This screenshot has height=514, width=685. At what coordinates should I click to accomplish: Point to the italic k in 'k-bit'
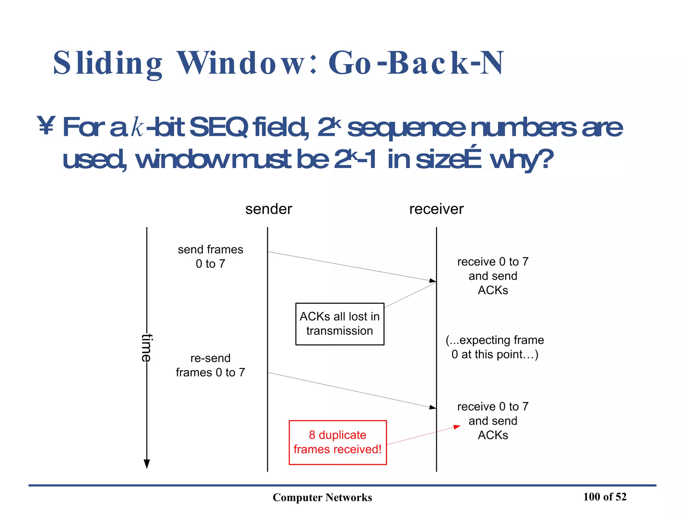[x=137, y=127]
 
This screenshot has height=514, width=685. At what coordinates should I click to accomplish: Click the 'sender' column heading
[x=269, y=209]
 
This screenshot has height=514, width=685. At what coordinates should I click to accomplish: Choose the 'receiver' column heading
[x=436, y=209]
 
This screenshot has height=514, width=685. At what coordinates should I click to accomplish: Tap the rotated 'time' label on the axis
[x=146, y=348]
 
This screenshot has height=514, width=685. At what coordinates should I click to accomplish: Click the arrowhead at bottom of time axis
[x=146, y=464]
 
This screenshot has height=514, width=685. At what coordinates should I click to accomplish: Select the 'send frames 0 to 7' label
[x=210, y=257]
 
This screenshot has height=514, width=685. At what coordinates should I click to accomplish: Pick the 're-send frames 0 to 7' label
[x=210, y=365]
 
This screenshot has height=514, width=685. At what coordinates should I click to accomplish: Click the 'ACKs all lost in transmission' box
[x=339, y=324]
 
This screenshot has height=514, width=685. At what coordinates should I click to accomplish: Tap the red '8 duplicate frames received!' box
[x=337, y=442]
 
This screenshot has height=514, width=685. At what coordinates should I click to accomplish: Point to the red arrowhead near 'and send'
[x=457, y=427]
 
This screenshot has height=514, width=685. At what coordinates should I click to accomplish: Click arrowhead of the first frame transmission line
[x=432, y=280]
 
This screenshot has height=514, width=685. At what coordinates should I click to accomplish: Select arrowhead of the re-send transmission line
[x=432, y=407]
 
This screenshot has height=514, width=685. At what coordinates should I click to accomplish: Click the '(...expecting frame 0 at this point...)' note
[x=495, y=347]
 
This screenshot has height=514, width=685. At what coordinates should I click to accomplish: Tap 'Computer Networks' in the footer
[x=322, y=497]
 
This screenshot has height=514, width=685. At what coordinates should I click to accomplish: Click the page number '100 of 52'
[x=605, y=497]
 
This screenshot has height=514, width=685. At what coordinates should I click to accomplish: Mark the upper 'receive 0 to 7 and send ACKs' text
[x=493, y=276]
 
